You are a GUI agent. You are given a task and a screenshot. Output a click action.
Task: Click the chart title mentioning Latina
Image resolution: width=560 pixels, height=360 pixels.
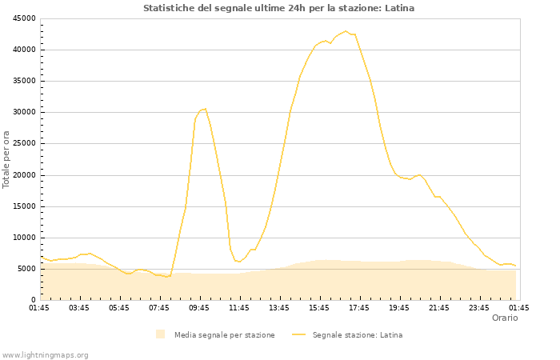[278, 8]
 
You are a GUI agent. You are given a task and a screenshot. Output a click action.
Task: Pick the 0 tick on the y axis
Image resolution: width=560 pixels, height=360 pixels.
[32, 300]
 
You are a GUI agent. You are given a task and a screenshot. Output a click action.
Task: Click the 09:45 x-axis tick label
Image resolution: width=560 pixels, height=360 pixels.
[199, 307]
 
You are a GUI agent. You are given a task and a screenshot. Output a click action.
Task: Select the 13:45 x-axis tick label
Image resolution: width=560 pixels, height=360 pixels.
[279, 307]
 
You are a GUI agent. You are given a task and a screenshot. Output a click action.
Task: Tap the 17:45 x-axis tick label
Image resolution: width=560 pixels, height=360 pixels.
[359, 307]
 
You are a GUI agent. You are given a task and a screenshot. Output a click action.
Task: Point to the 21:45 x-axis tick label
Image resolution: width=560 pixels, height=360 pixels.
[439, 307]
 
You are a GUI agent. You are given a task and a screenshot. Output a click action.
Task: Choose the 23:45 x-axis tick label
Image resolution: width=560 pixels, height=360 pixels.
[479, 307]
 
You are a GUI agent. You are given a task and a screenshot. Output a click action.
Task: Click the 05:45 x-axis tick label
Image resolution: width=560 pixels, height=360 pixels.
[119, 307]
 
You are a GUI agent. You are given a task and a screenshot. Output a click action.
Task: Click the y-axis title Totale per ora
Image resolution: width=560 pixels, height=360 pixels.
[7, 158]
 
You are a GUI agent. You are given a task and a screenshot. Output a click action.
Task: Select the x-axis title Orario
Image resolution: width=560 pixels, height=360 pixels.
[504, 318]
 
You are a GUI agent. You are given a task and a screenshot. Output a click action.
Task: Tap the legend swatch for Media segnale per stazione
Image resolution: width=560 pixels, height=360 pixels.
[161, 334]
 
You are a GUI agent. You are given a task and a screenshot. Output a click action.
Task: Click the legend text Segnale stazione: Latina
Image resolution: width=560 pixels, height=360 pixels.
[357, 335]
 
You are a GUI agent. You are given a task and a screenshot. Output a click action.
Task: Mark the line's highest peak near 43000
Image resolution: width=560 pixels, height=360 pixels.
[346, 31]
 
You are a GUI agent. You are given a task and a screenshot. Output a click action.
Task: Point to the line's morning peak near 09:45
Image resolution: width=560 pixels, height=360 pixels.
[205, 109]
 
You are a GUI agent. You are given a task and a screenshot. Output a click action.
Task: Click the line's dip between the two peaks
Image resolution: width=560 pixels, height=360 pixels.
[239, 262]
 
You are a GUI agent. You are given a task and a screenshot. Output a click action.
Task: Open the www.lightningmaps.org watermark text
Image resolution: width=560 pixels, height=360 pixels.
[46, 354]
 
